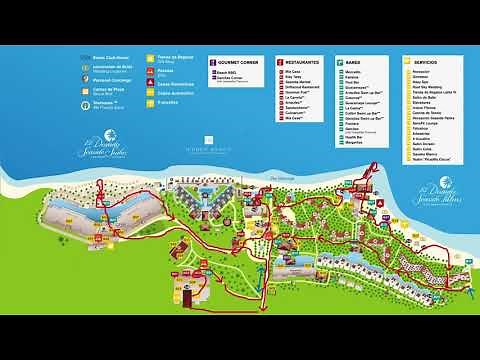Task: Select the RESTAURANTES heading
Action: tap(303, 62)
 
